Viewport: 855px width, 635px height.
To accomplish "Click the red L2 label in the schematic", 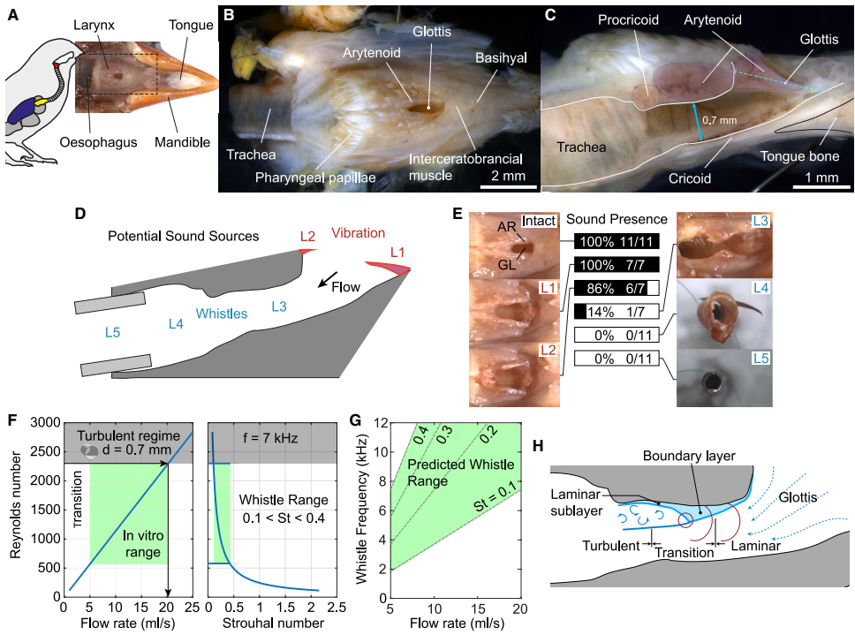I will pyautogui.click(x=307, y=237).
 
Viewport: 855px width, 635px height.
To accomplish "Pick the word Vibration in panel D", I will pyautogui.click(x=358, y=233).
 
